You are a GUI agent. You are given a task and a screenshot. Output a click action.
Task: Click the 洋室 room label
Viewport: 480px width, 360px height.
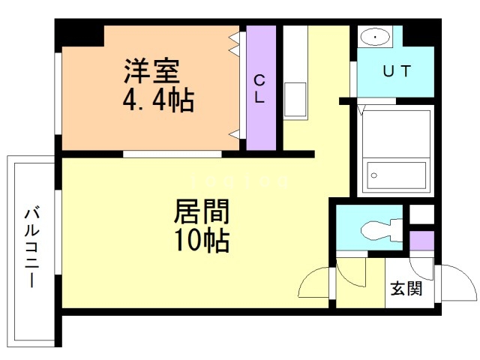click(x=151, y=73)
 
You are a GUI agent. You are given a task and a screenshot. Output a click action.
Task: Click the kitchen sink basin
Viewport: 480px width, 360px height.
click(x=295, y=97)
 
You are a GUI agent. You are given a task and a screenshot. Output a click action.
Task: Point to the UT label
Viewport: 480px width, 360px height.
click(x=397, y=72)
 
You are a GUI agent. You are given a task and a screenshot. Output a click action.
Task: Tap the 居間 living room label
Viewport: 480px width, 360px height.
click(x=201, y=212)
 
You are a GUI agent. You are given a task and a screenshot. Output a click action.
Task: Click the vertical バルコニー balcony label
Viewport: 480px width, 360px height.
click(x=31, y=247)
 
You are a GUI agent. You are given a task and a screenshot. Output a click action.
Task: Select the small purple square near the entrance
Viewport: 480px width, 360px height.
click(x=421, y=241)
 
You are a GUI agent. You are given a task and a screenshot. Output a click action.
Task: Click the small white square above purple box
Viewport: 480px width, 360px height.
click(x=421, y=213)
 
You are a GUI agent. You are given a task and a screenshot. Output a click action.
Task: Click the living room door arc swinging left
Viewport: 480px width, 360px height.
click(x=314, y=283)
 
